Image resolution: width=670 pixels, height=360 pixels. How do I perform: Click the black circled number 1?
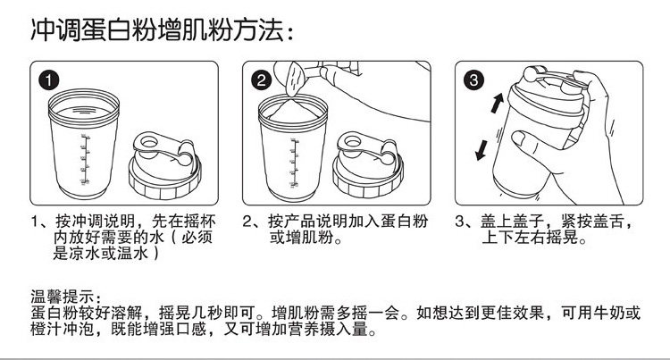click(49, 80)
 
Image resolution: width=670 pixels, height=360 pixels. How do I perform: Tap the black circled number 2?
click(262, 80)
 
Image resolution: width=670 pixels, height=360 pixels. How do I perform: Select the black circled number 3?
click(473, 80)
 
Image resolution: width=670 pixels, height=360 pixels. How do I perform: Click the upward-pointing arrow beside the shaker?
click(497, 103)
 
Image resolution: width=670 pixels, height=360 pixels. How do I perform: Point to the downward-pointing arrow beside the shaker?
click(482, 150)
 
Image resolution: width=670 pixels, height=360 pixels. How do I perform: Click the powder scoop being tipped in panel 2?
click(296, 79)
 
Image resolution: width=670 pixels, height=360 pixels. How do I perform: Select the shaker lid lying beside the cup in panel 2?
click(368, 165)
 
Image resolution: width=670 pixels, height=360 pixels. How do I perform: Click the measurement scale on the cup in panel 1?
click(84, 159)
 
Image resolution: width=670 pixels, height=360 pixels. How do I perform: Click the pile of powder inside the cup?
click(293, 111)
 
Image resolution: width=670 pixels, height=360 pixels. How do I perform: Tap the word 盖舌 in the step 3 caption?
click(607, 222)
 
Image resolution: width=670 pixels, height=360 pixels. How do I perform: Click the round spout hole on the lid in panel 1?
click(149, 142)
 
